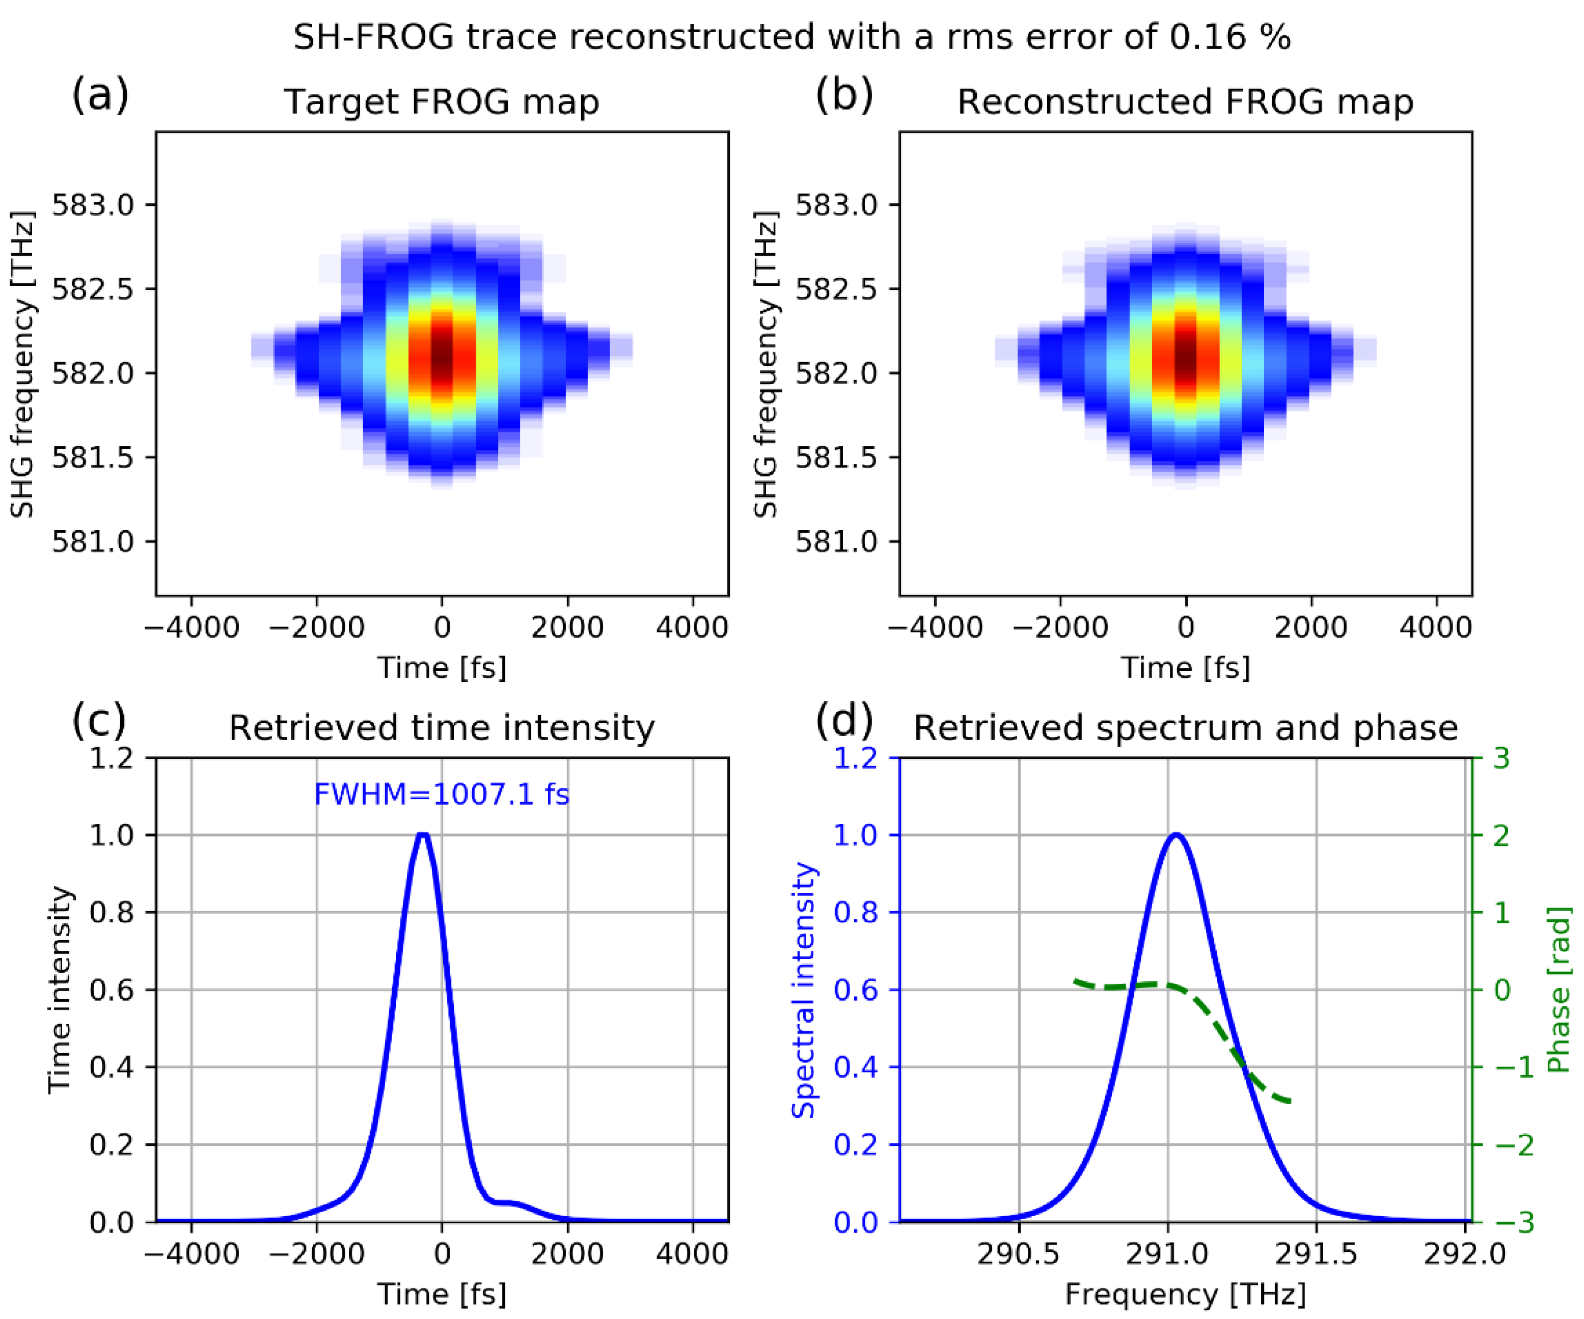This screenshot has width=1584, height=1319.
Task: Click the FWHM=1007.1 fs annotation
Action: [x=441, y=794]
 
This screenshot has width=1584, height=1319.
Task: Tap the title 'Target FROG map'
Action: [x=441, y=102]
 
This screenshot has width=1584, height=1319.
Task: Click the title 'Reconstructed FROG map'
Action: [x=1185, y=102]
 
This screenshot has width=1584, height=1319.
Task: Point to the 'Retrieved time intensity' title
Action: [x=441, y=728]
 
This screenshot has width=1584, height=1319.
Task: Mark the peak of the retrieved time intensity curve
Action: [x=423, y=835]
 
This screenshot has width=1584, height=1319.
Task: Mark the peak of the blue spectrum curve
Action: [x=1176, y=835]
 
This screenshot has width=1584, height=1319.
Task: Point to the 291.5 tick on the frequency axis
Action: [x=1316, y=1254]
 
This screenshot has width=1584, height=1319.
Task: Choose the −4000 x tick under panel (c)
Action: [x=192, y=1254]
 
